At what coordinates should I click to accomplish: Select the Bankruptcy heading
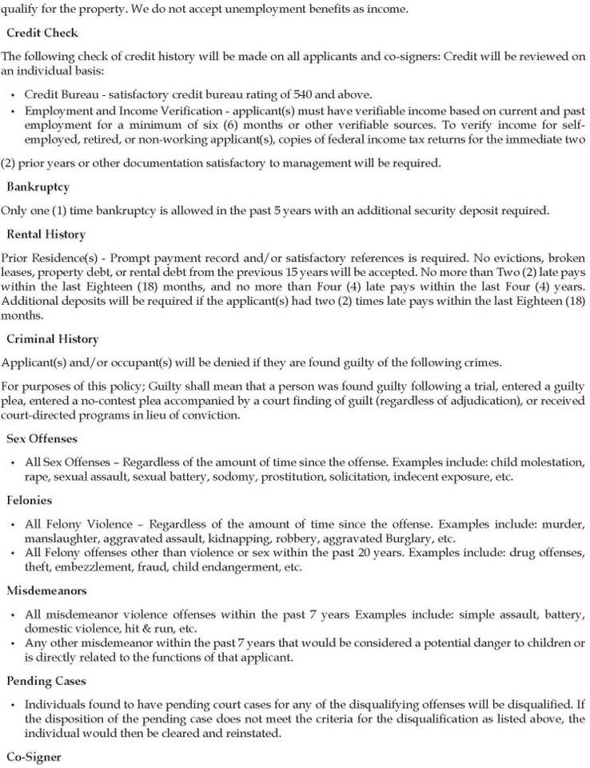[x=38, y=186]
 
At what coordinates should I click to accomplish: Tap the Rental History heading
[x=46, y=234]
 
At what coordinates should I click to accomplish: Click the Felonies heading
[x=30, y=500]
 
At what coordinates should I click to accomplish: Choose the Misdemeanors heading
[x=46, y=590]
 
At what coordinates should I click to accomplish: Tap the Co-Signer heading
[x=34, y=755]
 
